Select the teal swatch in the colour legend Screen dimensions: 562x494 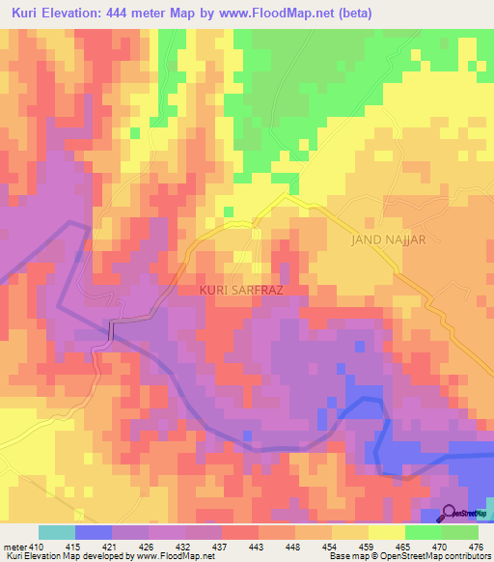pos(57,532)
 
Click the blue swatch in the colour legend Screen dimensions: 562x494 pos(94,532)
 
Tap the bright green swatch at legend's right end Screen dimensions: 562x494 pos(459,532)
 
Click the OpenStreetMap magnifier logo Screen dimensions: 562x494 pos(450,513)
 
